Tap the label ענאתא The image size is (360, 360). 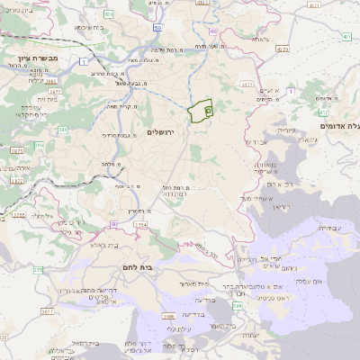[260, 40]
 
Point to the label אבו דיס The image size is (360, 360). [256, 142]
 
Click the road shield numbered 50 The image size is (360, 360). [157, 29]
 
